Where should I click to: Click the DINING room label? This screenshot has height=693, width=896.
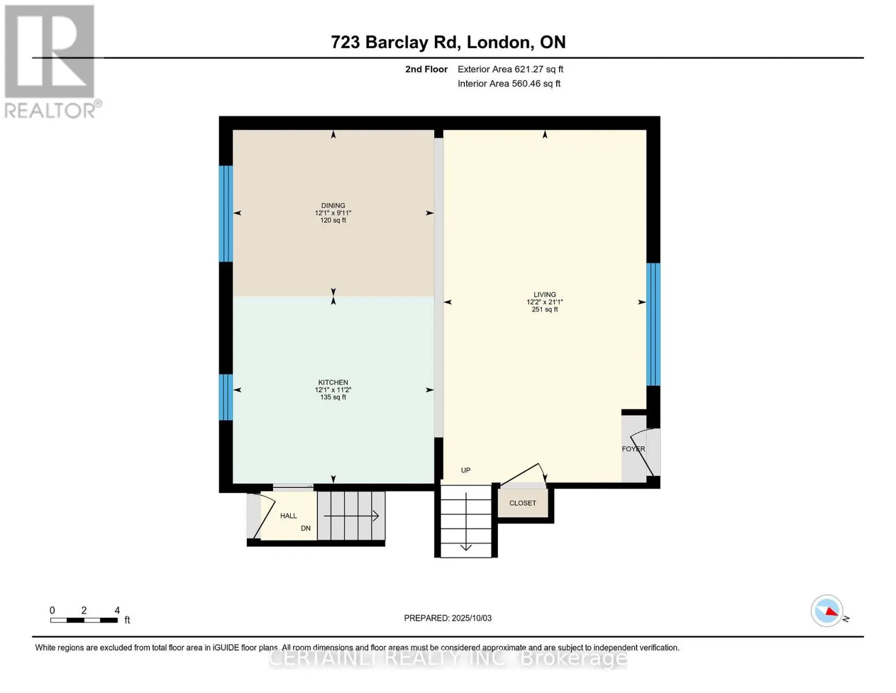click(x=333, y=205)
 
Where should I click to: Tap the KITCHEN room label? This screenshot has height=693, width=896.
click(x=333, y=382)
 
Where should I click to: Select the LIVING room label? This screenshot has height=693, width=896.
click(x=544, y=295)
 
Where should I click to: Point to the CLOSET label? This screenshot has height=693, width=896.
click(x=522, y=503)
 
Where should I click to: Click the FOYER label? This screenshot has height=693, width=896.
click(x=633, y=449)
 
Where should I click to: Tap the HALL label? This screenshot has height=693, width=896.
click(x=288, y=516)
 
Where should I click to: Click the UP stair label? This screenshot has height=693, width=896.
click(x=466, y=470)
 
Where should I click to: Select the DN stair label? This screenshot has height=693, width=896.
click(x=306, y=528)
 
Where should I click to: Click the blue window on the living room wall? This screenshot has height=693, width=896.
click(x=653, y=324)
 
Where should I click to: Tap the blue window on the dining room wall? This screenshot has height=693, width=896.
click(x=226, y=214)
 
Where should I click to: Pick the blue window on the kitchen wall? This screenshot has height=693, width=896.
click(x=226, y=397)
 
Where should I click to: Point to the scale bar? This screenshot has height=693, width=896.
click(x=84, y=620)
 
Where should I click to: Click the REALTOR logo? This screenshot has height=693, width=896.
click(x=51, y=62)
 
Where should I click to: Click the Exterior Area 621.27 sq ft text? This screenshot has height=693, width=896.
click(x=510, y=69)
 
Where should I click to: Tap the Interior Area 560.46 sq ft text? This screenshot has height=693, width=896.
click(x=509, y=83)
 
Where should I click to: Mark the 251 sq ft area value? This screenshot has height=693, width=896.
click(x=544, y=309)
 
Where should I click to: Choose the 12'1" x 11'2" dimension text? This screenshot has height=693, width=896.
click(x=333, y=390)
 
